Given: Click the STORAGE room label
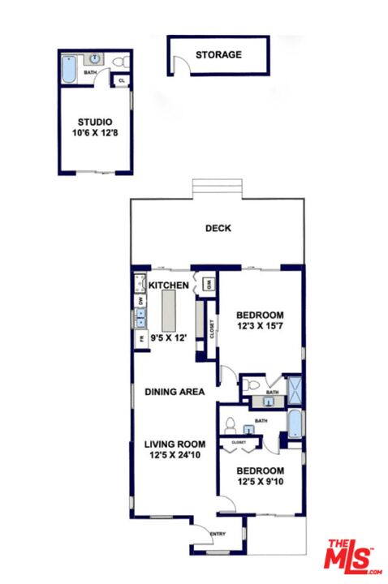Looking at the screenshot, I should pos(218,55).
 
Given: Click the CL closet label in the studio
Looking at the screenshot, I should pos(122,80).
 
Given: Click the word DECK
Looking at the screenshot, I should pos(218,229).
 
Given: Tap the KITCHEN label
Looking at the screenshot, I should pos(169,286).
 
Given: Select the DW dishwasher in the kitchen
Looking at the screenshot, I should pos(140,300).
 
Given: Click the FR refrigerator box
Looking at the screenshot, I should pos(140,339).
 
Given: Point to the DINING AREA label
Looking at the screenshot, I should pos(174,392).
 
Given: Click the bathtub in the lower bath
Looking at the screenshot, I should pos(293,424).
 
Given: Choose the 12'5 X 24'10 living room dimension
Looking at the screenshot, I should pos(175,455).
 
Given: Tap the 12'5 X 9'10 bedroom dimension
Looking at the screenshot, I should pos(260,482).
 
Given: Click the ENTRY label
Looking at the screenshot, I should pos(218,534).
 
